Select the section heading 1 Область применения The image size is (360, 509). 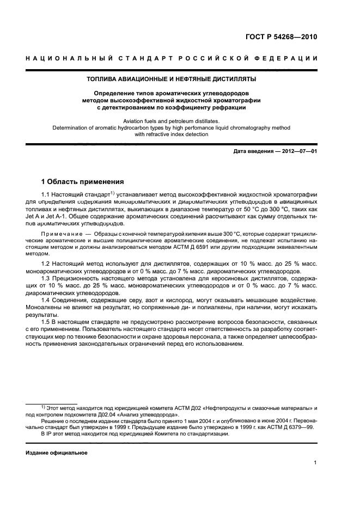click(x=83, y=181)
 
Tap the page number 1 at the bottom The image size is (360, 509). click(x=315, y=463)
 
